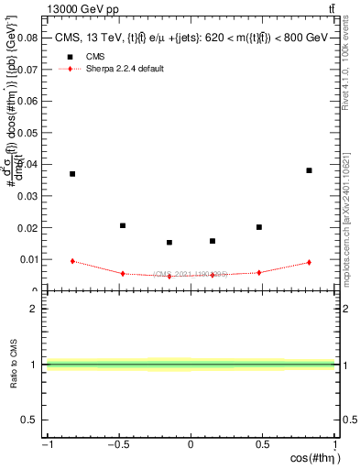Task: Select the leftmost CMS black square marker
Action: click(x=72, y=174)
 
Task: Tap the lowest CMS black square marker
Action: click(x=169, y=243)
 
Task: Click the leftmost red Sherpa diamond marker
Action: click(x=72, y=261)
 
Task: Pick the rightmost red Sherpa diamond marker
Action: click(x=310, y=263)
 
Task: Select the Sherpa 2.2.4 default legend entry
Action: click(x=119, y=70)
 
